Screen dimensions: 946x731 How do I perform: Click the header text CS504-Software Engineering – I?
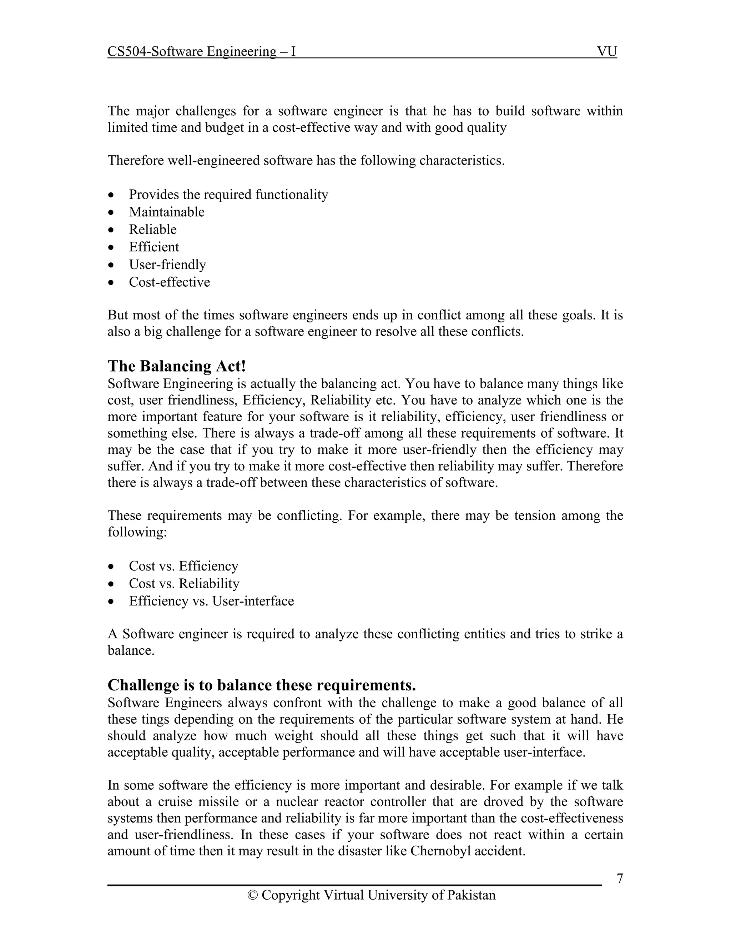point(201,51)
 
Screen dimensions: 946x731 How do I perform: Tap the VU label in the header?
point(607,51)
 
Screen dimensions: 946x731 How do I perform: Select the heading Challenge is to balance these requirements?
point(262,685)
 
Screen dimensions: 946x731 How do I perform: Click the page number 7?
point(620,879)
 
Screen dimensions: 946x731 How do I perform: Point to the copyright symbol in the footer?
point(252,895)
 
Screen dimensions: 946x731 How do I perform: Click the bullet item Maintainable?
point(167,212)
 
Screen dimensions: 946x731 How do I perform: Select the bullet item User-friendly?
point(167,264)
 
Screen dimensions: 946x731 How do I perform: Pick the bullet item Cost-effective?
point(169,282)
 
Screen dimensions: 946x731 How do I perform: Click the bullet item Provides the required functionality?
point(228,194)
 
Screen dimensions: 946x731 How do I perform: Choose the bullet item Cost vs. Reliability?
point(184,583)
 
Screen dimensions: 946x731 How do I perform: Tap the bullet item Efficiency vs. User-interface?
point(211,601)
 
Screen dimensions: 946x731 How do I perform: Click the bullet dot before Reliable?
point(112,230)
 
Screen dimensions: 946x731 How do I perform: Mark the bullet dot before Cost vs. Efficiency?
point(112,567)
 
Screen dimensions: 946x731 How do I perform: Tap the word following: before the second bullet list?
point(137,532)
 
